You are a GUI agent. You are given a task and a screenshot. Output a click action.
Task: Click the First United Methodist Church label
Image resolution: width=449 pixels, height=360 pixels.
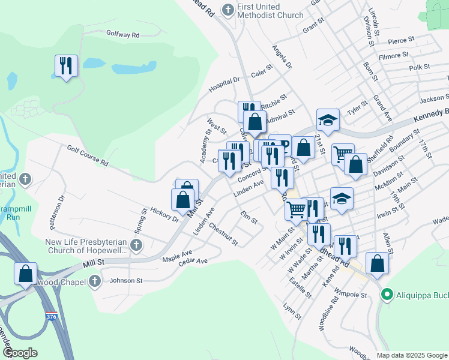coord(270,10)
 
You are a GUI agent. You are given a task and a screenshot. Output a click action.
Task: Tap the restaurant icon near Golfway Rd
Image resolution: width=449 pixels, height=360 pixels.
coord(66,65)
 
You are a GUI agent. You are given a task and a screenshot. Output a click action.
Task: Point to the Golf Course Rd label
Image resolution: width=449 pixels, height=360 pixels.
coord(88,155)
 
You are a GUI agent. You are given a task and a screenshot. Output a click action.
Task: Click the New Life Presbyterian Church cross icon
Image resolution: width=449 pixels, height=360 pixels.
coord(137,245)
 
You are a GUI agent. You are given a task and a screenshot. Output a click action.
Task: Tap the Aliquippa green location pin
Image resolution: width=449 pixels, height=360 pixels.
coord(387,295)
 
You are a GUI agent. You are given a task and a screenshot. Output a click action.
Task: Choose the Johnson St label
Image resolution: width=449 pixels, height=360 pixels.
coord(126,280)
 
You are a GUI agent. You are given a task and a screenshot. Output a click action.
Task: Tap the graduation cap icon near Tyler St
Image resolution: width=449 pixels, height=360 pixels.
coord(328,121)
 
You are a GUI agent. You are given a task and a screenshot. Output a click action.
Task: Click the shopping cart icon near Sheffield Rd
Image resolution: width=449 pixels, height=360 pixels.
coord(342,155)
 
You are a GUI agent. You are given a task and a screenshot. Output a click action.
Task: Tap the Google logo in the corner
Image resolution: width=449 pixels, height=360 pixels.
coord(20,353)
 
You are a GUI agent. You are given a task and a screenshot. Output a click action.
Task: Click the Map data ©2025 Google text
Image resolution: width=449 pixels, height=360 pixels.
coord(412,355)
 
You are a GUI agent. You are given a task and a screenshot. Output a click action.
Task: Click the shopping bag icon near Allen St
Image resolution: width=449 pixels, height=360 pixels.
coord(376,263)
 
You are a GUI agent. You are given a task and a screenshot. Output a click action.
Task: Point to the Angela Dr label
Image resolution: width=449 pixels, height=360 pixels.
coord(282,56)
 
